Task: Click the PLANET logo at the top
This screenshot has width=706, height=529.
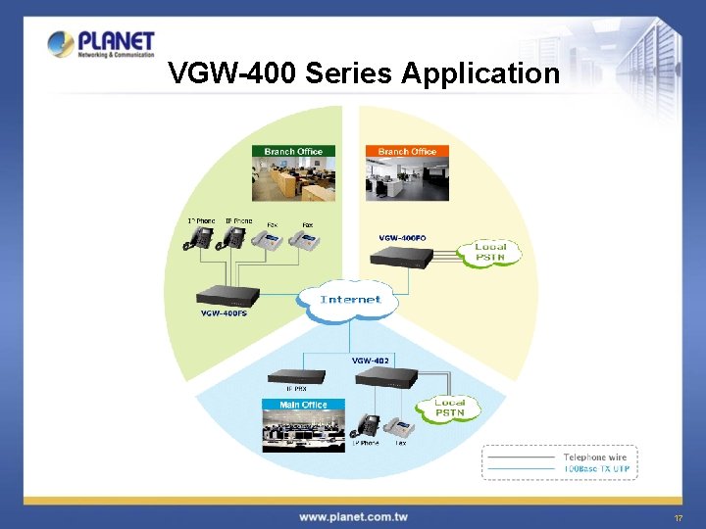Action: [101, 44]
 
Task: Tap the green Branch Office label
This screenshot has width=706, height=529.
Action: [293, 151]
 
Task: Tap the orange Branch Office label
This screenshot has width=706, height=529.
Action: [407, 151]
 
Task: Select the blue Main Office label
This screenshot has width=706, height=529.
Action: [303, 405]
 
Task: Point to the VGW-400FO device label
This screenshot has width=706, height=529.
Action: [402, 237]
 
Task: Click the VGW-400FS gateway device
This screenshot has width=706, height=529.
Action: [227, 295]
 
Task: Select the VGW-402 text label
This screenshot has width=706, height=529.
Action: [371, 361]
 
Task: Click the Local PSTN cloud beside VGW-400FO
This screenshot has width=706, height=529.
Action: [490, 252]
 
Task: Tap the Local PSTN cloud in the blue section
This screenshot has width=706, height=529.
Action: [449, 408]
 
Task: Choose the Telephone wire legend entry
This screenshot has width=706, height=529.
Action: [594, 457]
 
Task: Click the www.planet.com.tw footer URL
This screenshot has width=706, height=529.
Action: [353, 516]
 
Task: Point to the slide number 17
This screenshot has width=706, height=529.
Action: [678, 517]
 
